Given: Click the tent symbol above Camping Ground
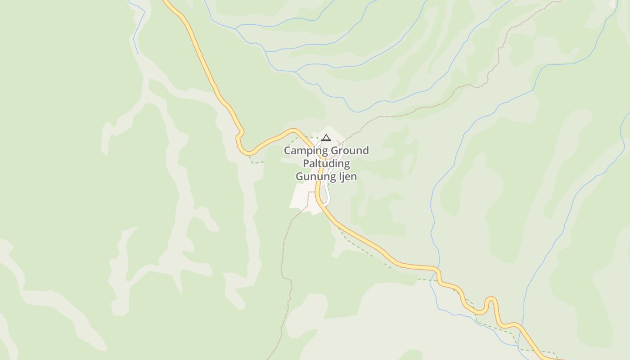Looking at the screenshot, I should (x=326, y=138).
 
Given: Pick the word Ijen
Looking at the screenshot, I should (x=347, y=176).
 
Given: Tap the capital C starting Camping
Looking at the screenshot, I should (x=287, y=151).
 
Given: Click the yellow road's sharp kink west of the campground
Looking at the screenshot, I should (x=240, y=135).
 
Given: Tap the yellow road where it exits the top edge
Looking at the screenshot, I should (x=166, y=2).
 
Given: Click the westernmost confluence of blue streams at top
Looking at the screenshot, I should (x=235, y=28).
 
